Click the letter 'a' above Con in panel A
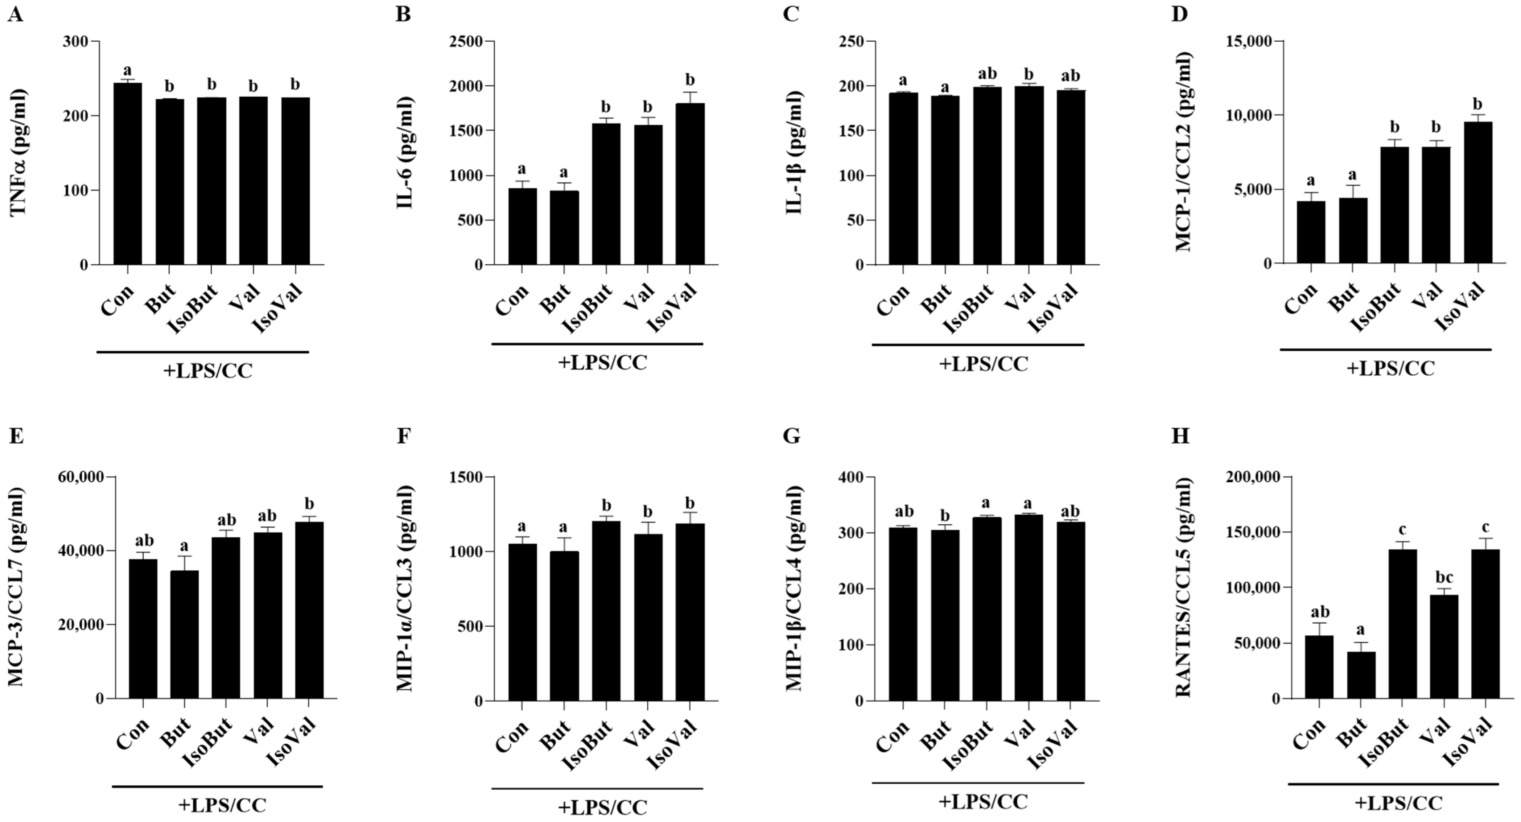pos(128,71)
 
